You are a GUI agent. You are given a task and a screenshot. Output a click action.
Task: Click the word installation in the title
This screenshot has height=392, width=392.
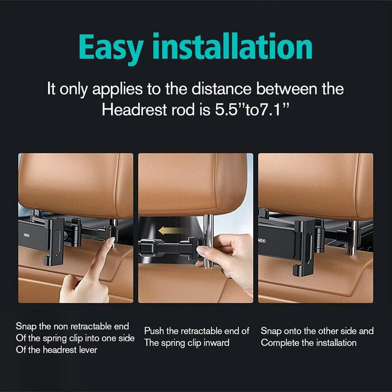[x=232, y=46]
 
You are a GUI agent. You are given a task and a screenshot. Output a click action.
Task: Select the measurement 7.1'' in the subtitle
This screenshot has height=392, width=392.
[x=275, y=110]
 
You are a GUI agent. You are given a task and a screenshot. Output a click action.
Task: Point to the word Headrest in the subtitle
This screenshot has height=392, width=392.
[x=134, y=110]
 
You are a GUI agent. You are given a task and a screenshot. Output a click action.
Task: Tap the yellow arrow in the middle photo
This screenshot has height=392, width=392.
[x=170, y=230]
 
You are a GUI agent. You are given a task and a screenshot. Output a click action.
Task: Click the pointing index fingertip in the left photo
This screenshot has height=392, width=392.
[x=110, y=241]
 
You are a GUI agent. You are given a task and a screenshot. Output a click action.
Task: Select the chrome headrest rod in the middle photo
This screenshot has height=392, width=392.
[x=208, y=241]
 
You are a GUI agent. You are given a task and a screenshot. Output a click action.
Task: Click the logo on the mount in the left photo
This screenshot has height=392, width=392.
[x=26, y=235]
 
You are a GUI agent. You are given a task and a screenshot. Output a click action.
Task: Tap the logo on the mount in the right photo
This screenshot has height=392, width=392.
[x=262, y=241]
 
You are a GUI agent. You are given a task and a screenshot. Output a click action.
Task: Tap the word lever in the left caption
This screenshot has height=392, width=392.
[x=88, y=350]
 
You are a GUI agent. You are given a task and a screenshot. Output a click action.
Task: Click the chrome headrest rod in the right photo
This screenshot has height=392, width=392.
[x=353, y=237]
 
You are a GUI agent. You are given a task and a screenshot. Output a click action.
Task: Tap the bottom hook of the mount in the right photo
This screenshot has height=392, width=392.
[x=298, y=270]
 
